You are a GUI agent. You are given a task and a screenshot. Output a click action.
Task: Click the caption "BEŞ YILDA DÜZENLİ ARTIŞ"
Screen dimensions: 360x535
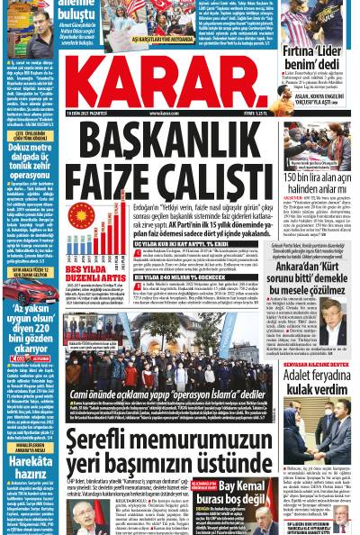[x=87, y=271]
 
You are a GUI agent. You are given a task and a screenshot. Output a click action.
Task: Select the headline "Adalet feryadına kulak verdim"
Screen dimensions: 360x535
[x=316, y=382]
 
